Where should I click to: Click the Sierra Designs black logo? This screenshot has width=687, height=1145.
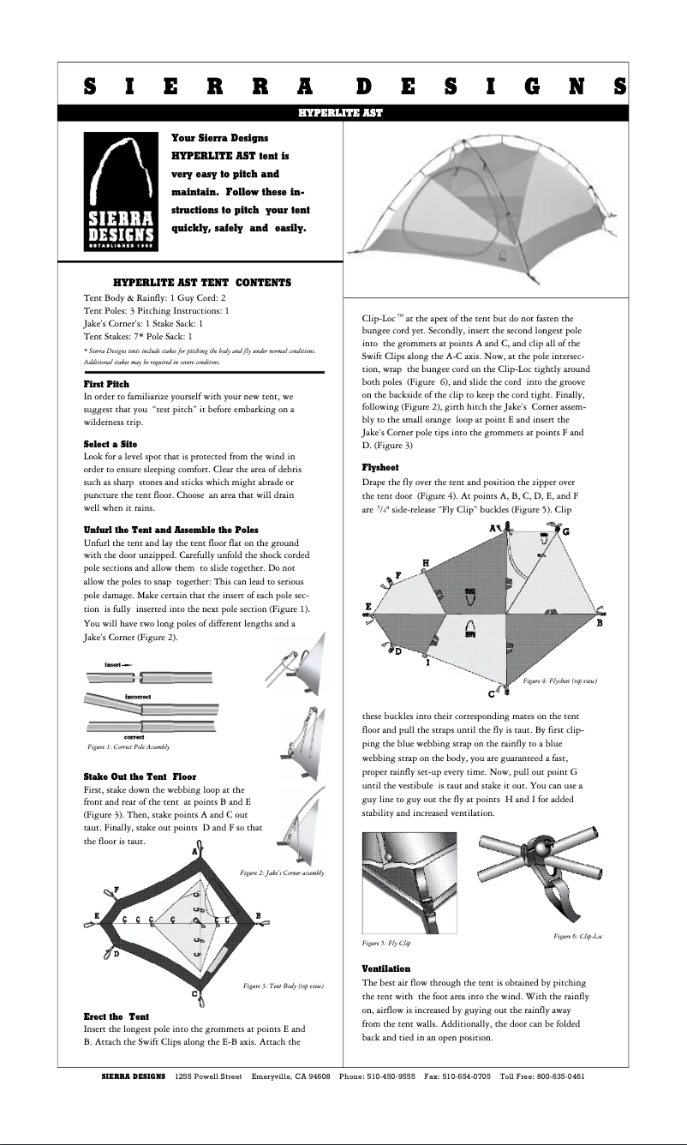click(120, 190)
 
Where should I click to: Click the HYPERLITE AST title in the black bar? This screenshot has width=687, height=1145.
click(340, 112)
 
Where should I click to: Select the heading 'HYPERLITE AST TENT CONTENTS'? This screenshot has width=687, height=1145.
click(202, 282)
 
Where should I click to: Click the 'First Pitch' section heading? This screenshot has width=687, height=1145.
click(106, 384)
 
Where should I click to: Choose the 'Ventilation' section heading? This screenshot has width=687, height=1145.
click(386, 968)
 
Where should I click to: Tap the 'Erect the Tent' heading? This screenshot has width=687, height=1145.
click(116, 1016)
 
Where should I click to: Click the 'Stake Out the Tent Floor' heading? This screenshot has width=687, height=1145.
click(140, 776)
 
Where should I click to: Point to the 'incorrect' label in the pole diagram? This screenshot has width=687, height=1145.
click(138, 697)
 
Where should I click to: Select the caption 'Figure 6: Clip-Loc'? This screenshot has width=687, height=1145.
click(578, 937)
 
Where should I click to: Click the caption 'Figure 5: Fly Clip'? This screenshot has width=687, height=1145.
click(386, 944)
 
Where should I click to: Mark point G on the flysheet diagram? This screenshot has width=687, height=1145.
click(566, 532)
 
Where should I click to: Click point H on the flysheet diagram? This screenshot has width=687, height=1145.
click(426, 562)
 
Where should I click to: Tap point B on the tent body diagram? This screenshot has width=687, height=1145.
click(258, 916)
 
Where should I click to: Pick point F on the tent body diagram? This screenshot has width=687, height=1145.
click(116, 889)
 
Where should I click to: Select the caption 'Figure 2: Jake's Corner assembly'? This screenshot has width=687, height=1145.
click(282, 872)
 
